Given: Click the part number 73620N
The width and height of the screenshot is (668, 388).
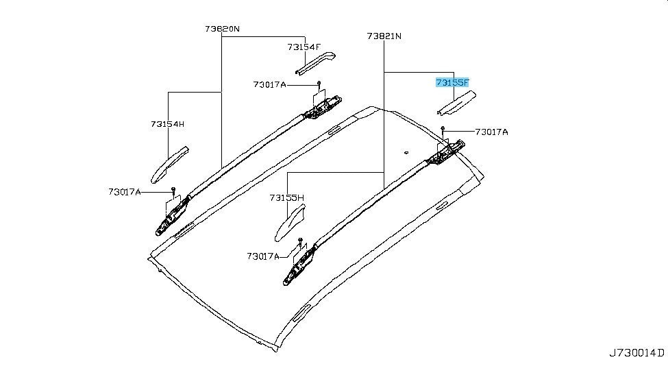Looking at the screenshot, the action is [x=222, y=29].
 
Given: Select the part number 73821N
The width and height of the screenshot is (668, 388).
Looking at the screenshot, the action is [x=384, y=36].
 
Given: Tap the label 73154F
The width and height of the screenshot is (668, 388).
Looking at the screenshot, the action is [x=304, y=47].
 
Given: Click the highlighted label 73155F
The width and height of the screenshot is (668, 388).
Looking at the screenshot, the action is [x=452, y=82].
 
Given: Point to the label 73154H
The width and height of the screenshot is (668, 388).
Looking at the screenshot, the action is [x=167, y=124].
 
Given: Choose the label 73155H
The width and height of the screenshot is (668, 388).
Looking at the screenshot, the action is [x=286, y=198].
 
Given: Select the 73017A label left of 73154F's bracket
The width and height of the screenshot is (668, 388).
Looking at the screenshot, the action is [x=270, y=84].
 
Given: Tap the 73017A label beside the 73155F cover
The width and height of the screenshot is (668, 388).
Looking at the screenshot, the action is [x=492, y=132].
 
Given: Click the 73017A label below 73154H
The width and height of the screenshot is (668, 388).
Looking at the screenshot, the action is [x=125, y=192].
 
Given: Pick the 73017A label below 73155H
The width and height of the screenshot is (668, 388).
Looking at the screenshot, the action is [x=263, y=256].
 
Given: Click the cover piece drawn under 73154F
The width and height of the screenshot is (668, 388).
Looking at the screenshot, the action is [x=315, y=64].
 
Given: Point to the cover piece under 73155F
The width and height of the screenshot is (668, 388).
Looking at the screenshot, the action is [x=457, y=104].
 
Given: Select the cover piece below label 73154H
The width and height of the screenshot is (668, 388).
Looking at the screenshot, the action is [x=169, y=165].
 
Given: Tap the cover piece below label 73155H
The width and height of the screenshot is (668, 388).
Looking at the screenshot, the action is [x=290, y=223].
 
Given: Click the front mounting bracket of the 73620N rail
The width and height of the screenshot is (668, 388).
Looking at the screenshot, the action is [x=172, y=215].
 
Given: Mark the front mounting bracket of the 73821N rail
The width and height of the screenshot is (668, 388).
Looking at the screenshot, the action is [x=300, y=265].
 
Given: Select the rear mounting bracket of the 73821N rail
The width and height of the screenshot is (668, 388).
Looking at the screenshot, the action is [x=447, y=152].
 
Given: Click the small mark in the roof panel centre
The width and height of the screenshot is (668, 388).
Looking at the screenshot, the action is [x=406, y=151].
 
